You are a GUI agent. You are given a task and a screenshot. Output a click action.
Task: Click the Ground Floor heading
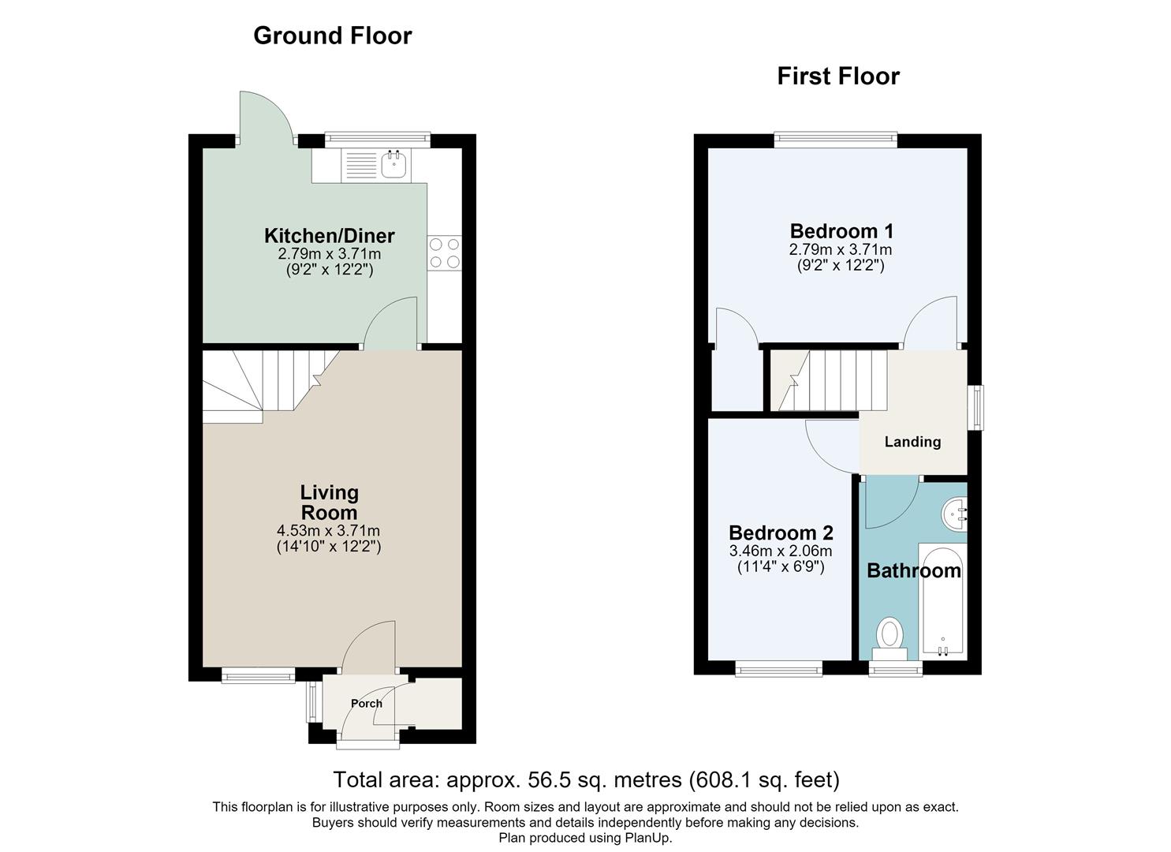coord(333,35)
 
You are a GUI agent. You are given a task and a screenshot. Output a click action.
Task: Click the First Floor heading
coord(838,77)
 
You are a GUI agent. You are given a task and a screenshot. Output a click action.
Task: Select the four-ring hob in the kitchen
coord(445,253)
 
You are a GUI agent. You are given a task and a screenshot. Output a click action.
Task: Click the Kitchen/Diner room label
coord(330,235)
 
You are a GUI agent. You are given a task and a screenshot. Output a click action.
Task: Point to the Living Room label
coord(330,502)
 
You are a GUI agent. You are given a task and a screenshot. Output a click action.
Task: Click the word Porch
coord(367,704)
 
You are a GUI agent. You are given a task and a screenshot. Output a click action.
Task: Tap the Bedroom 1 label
coord(841,230)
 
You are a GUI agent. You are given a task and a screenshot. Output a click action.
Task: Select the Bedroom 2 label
coord(781,532)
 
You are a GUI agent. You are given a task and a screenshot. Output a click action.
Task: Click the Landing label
coord(913,442)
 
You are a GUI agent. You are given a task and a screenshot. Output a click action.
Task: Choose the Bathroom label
coord(914,570)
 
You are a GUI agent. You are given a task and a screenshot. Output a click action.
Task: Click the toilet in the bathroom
coord(889,639)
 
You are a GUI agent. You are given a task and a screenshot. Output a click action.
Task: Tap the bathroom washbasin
coord(954,514)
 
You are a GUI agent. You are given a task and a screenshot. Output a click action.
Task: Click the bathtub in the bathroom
coord(942,601)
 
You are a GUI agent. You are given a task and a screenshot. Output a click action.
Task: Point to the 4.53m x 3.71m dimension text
coord(328,530)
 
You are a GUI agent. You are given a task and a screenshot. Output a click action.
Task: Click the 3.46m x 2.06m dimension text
coord(781,551)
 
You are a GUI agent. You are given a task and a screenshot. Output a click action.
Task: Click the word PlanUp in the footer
coord(647,838)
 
